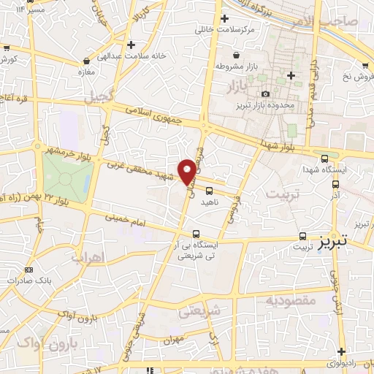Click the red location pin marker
click(x=188, y=172)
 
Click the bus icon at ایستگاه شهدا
click(x=324, y=158)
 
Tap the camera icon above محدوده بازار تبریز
click(x=265, y=93)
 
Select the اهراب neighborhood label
click(x=89, y=256)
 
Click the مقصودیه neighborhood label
click(x=290, y=300)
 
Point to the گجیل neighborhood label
click(x=98, y=96)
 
